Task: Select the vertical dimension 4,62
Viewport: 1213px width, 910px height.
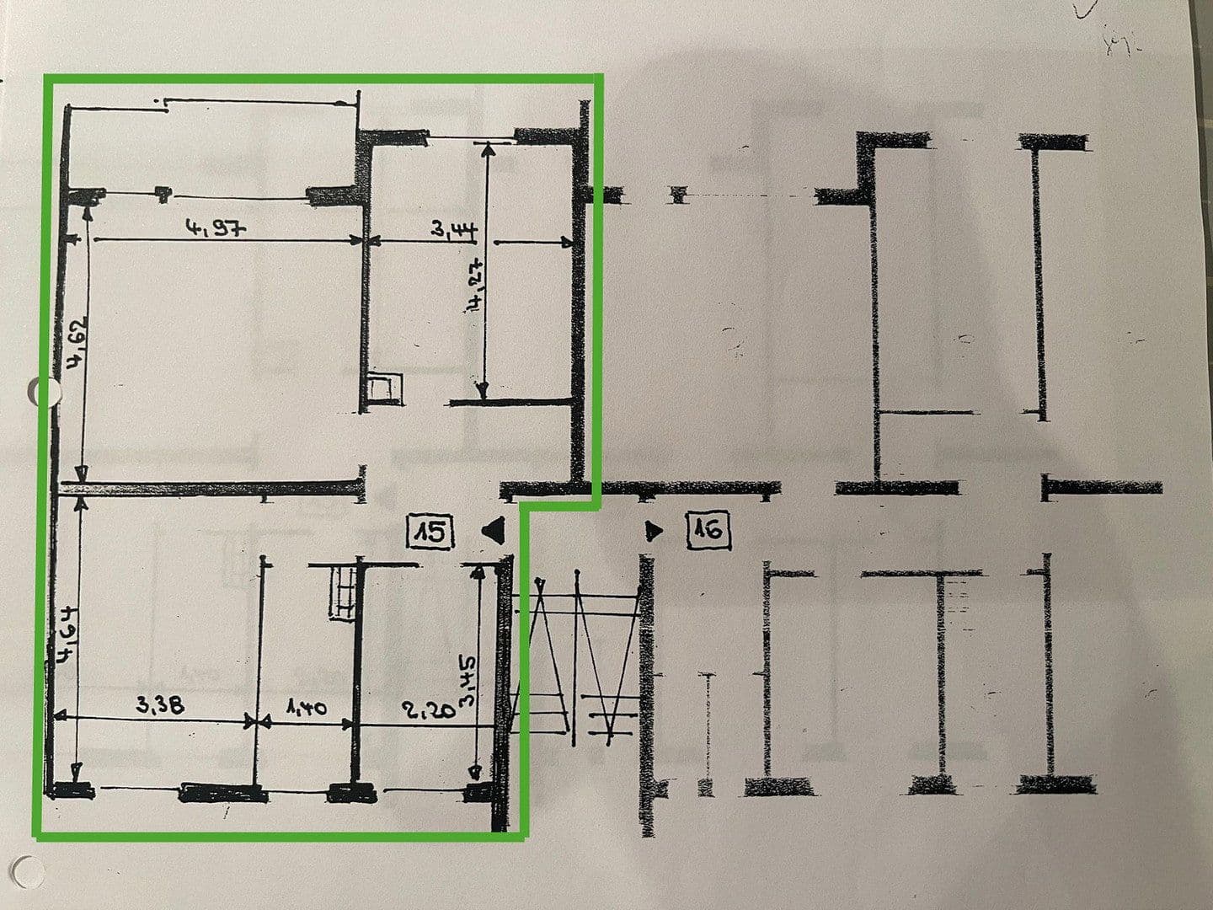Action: tap(77, 345)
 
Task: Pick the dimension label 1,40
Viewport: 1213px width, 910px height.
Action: tap(306, 708)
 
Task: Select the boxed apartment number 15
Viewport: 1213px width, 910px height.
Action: tap(430, 533)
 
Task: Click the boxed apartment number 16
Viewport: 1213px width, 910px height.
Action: tap(708, 531)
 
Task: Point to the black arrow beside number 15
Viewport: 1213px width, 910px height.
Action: tap(492, 531)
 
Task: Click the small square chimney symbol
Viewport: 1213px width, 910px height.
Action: tap(383, 387)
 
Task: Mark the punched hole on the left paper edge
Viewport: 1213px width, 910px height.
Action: tap(44, 393)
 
